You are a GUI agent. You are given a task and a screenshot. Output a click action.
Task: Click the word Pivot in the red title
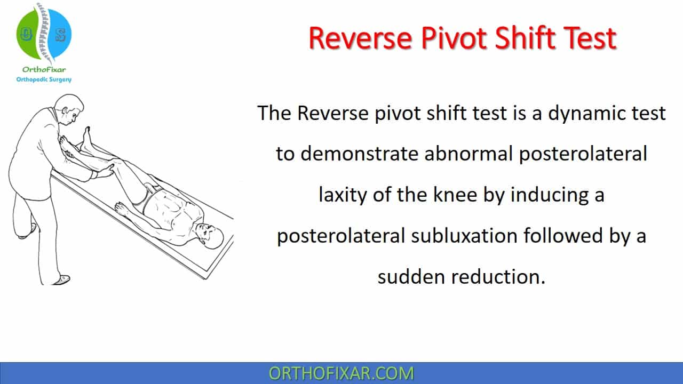click(454, 38)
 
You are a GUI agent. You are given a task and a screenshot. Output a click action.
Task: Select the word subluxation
click(464, 236)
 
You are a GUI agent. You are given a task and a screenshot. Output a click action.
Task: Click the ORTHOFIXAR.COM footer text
click(341, 373)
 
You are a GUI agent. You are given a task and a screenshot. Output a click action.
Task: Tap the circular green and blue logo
click(44, 34)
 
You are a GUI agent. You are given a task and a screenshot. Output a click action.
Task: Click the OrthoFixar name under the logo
click(44, 70)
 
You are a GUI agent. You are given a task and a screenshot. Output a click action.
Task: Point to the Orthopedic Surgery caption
click(44, 79)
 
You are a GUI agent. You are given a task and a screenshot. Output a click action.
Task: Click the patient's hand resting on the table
click(122, 209)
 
